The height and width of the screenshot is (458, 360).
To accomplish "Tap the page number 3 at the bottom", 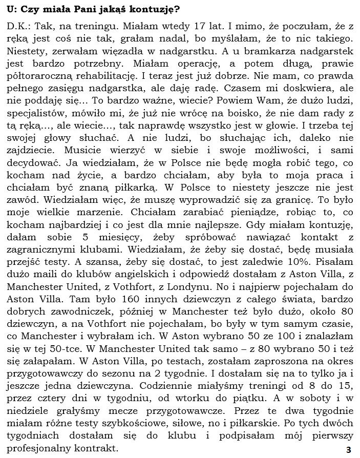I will [x=348, y=450].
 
